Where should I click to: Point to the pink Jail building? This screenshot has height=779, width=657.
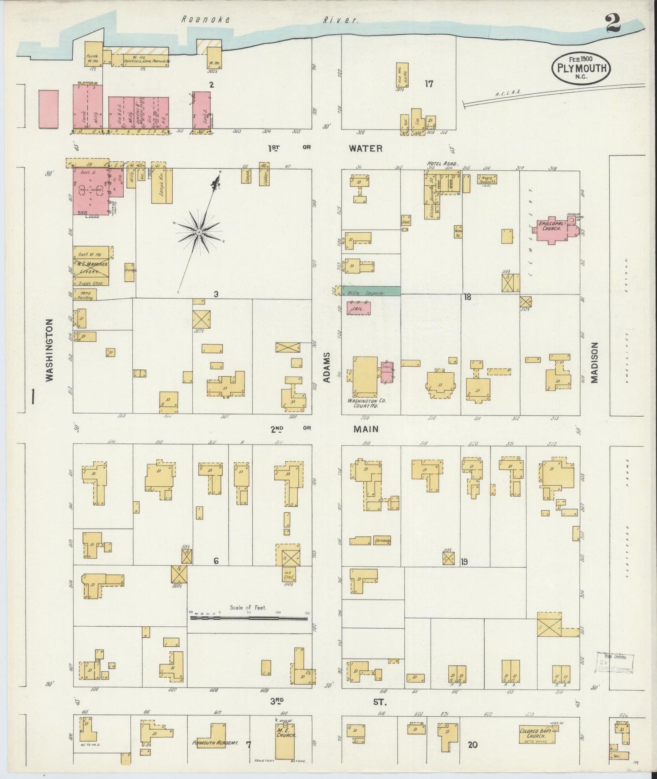[358, 308]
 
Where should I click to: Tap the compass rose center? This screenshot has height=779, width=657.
[199, 232]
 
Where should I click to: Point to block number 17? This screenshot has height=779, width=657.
[428, 84]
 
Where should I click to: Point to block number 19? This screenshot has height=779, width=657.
[464, 562]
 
